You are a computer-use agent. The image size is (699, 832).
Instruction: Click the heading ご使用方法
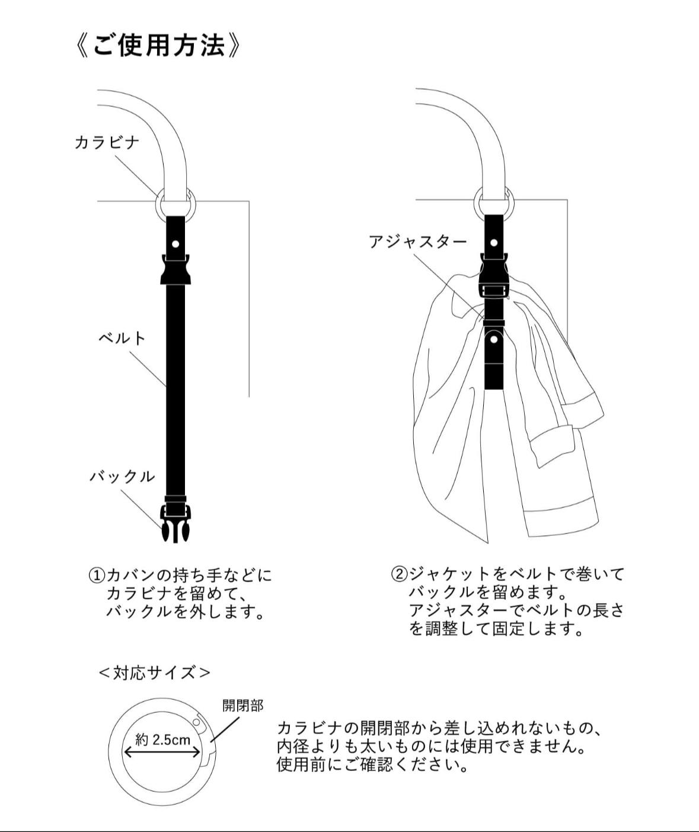[158, 46]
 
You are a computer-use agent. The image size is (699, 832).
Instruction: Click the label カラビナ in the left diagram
[107, 142]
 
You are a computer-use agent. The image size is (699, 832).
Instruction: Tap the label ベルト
[122, 338]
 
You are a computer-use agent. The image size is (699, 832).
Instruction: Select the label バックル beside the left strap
[122, 477]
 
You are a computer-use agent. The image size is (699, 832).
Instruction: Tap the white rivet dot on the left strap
[175, 244]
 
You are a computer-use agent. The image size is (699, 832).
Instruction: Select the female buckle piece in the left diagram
[175, 270]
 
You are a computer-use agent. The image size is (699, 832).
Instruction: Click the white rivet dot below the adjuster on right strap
[494, 339]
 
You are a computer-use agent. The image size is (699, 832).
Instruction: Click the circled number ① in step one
[97, 575]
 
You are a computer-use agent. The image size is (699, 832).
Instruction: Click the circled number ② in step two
[399, 574]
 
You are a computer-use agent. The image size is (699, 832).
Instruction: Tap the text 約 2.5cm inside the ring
[163, 739]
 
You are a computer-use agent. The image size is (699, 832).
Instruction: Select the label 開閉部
[242, 706]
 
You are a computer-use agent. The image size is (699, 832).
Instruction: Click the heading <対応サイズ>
[154, 672]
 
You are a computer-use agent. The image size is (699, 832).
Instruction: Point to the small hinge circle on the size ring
[197, 722]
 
